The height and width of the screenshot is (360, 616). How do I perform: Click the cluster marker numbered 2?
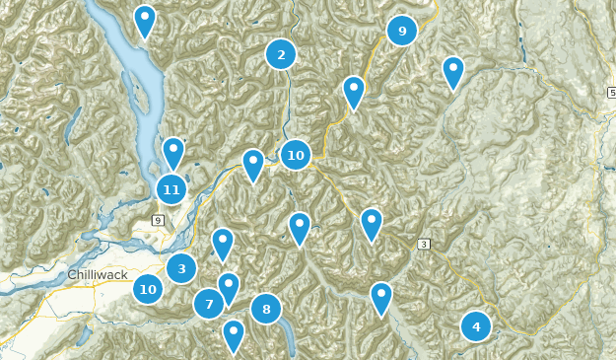click(281, 55)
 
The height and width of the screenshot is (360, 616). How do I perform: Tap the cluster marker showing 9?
click(401, 32)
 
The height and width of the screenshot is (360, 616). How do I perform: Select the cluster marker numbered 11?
click(171, 189)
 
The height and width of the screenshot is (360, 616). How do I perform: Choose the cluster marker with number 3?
click(181, 267)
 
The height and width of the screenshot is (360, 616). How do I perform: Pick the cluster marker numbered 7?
click(209, 304)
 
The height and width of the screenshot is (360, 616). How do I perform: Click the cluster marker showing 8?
click(266, 310)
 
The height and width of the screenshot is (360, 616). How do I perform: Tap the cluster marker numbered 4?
click(476, 325)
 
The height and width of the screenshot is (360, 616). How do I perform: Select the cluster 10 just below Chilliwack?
click(148, 289)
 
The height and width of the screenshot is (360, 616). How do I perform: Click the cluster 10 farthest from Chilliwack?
click(295, 155)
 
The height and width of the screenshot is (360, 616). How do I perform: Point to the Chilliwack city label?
click(99, 273)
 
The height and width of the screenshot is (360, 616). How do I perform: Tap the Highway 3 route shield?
click(425, 244)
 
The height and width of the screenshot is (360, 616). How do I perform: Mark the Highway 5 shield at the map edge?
click(611, 92)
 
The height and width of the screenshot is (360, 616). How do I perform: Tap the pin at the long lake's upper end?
click(145, 21)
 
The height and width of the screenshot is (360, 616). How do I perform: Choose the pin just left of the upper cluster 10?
click(253, 165)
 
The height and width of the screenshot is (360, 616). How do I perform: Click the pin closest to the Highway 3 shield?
click(371, 224)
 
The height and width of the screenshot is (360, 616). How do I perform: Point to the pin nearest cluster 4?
click(380, 298)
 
